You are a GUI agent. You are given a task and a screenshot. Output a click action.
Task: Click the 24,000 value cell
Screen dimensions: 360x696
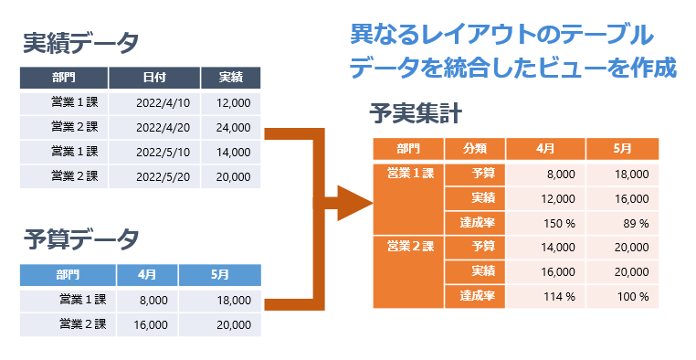coord(233,127)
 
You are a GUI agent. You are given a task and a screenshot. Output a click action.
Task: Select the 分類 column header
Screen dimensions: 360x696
coord(475,148)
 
